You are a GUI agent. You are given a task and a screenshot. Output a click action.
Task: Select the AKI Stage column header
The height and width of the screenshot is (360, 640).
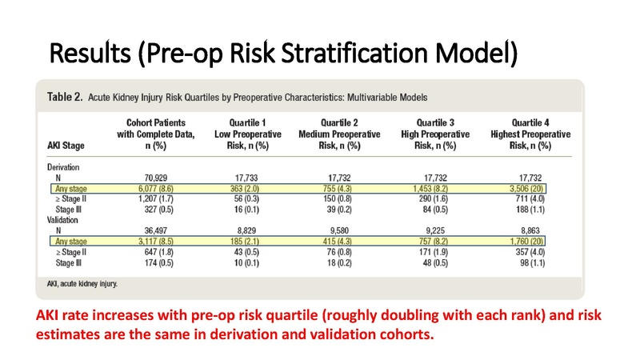(x=62, y=146)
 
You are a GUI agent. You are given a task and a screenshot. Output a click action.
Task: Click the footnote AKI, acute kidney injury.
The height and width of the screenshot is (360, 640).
(x=82, y=283)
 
